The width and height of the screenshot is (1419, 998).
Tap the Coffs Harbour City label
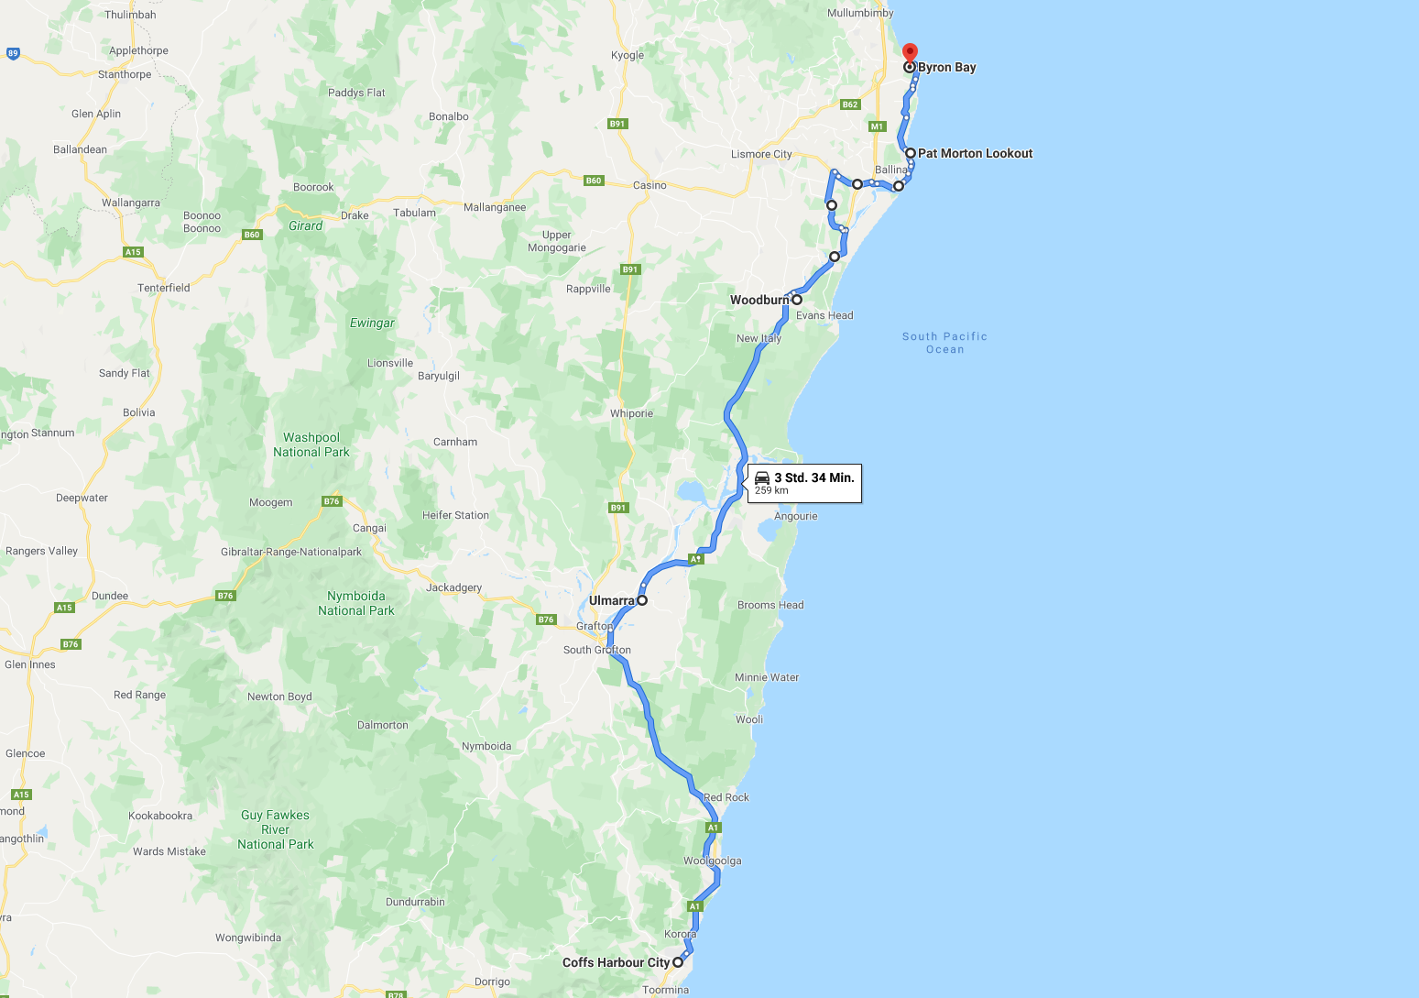tap(616, 962)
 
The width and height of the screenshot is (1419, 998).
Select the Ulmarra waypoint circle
tap(642, 600)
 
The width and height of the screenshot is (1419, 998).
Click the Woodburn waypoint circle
tap(797, 300)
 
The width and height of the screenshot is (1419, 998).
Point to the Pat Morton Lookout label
tap(975, 153)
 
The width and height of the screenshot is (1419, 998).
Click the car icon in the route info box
tap(762, 477)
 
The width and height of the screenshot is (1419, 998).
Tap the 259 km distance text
tap(771, 490)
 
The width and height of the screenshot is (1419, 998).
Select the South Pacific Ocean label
tap(944, 343)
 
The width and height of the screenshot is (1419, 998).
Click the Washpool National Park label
tap(311, 444)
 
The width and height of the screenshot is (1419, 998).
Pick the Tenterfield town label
tap(164, 288)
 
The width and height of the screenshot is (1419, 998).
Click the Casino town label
tap(649, 185)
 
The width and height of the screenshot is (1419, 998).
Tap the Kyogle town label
tap(628, 55)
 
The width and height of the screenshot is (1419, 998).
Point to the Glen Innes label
tap(30, 664)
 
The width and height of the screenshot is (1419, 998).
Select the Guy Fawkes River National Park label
tap(275, 829)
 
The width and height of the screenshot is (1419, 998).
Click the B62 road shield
tap(850, 104)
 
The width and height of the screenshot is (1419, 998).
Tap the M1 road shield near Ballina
tap(878, 126)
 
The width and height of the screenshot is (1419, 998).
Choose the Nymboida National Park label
tap(356, 603)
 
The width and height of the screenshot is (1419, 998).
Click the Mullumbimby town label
tap(860, 13)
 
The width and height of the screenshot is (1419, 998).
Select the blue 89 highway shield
tap(13, 53)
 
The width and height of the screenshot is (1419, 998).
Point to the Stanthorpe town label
tap(125, 74)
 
